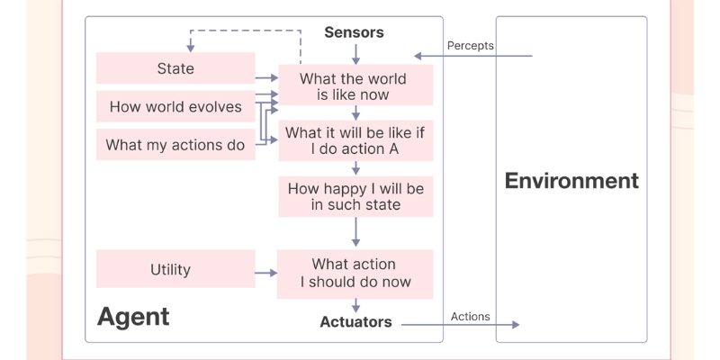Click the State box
point(175,69)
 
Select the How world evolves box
point(175,107)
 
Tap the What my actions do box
point(175,145)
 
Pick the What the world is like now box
point(355,86)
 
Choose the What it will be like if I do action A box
point(355,140)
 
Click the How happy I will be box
point(355,196)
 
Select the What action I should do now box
point(355,273)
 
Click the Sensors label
point(354,33)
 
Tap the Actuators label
point(355,322)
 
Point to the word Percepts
point(470,46)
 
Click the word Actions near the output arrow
point(470,317)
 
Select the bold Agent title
point(133,317)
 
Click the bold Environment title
point(571,180)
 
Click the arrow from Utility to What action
point(266,272)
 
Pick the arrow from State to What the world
point(266,79)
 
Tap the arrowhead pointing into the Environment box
point(515,324)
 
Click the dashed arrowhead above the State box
point(190,47)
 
